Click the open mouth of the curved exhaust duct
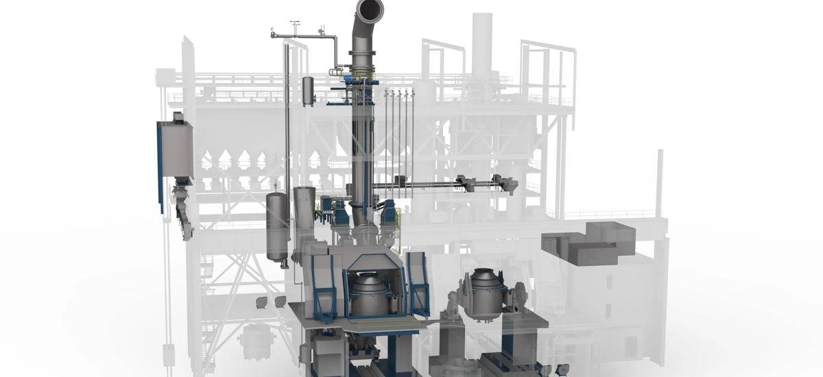370,10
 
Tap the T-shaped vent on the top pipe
295,25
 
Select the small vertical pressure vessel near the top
309,91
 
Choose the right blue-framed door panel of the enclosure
418,280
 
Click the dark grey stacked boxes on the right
588,243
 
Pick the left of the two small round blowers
261,302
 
